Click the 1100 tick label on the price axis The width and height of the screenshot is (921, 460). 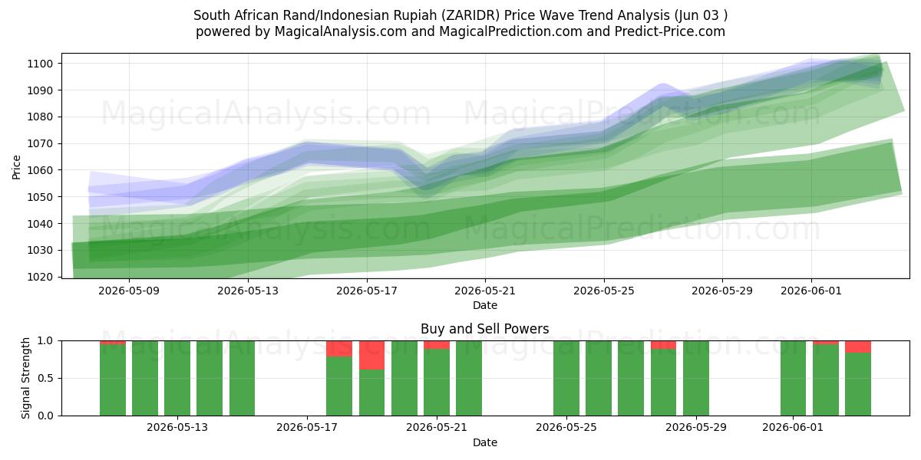(40, 64)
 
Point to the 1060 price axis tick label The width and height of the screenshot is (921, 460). (40, 170)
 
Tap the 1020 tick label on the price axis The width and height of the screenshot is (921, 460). (40, 277)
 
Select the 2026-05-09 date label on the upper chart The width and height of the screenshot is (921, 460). (129, 291)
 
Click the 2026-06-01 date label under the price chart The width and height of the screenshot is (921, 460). (811, 291)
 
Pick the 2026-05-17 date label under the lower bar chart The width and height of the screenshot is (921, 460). (307, 428)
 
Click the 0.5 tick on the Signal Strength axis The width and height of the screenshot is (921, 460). (45, 378)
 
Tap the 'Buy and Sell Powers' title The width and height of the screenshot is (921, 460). (485, 329)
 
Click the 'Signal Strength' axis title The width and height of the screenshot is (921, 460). (25, 378)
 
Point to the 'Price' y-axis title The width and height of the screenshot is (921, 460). (16, 167)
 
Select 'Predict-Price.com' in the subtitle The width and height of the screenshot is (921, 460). (670, 31)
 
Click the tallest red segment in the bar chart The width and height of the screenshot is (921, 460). (371, 355)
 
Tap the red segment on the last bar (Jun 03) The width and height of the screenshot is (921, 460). (858, 347)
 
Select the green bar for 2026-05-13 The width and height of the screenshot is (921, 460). (177, 378)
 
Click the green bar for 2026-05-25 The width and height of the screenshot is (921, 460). (566, 378)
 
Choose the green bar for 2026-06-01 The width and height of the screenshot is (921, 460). (793, 378)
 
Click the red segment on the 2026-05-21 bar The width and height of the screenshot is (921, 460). (437, 344)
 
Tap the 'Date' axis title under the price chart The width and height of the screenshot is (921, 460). (485, 305)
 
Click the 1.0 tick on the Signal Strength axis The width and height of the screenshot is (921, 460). (45, 340)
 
